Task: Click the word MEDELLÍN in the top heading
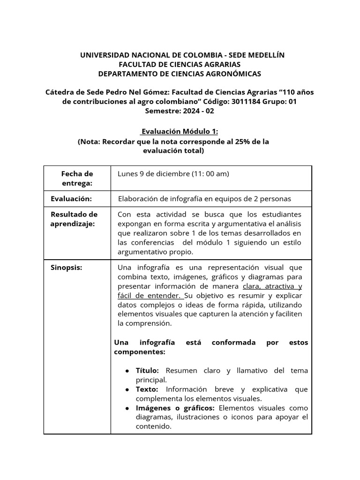264,55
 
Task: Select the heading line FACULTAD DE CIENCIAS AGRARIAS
180,64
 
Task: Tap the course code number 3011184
247,101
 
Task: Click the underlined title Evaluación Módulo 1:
180,132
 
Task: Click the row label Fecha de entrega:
77,178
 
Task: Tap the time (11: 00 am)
210,174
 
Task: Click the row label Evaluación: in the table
71,198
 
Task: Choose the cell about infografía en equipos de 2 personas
204,198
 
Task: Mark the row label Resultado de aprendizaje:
74,219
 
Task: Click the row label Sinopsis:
67,267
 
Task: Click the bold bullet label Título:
148,370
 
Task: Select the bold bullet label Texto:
147,389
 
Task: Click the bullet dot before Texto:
127,390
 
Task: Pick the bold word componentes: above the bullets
139,352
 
